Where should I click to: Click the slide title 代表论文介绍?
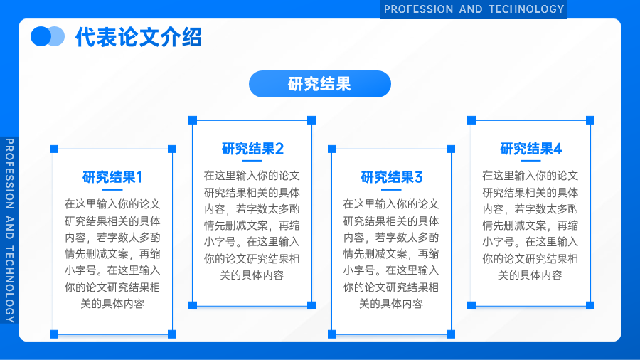click(139, 37)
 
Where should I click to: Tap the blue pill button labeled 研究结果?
click(320, 84)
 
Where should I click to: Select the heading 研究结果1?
click(112, 177)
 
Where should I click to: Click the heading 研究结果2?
click(252, 149)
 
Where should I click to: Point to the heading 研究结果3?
click(391, 177)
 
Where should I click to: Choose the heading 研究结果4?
click(530, 149)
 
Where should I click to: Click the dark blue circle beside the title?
click(40, 36)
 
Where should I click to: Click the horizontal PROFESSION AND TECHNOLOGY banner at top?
click(474, 9)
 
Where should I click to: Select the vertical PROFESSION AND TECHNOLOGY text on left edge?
click(9, 231)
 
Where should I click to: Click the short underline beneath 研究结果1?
click(112, 190)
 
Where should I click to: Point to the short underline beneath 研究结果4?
click(530, 161)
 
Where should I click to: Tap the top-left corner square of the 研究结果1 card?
click(53, 149)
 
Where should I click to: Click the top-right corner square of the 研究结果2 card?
click(311, 120)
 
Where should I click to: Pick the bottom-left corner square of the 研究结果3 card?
click(332, 334)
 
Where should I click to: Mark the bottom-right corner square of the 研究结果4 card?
click(590, 305)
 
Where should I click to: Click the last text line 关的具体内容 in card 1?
click(112, 304)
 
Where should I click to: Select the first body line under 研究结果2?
click(252, 176)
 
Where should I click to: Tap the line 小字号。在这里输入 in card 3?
click(391, 270)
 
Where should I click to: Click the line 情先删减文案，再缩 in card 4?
click(530, 226)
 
